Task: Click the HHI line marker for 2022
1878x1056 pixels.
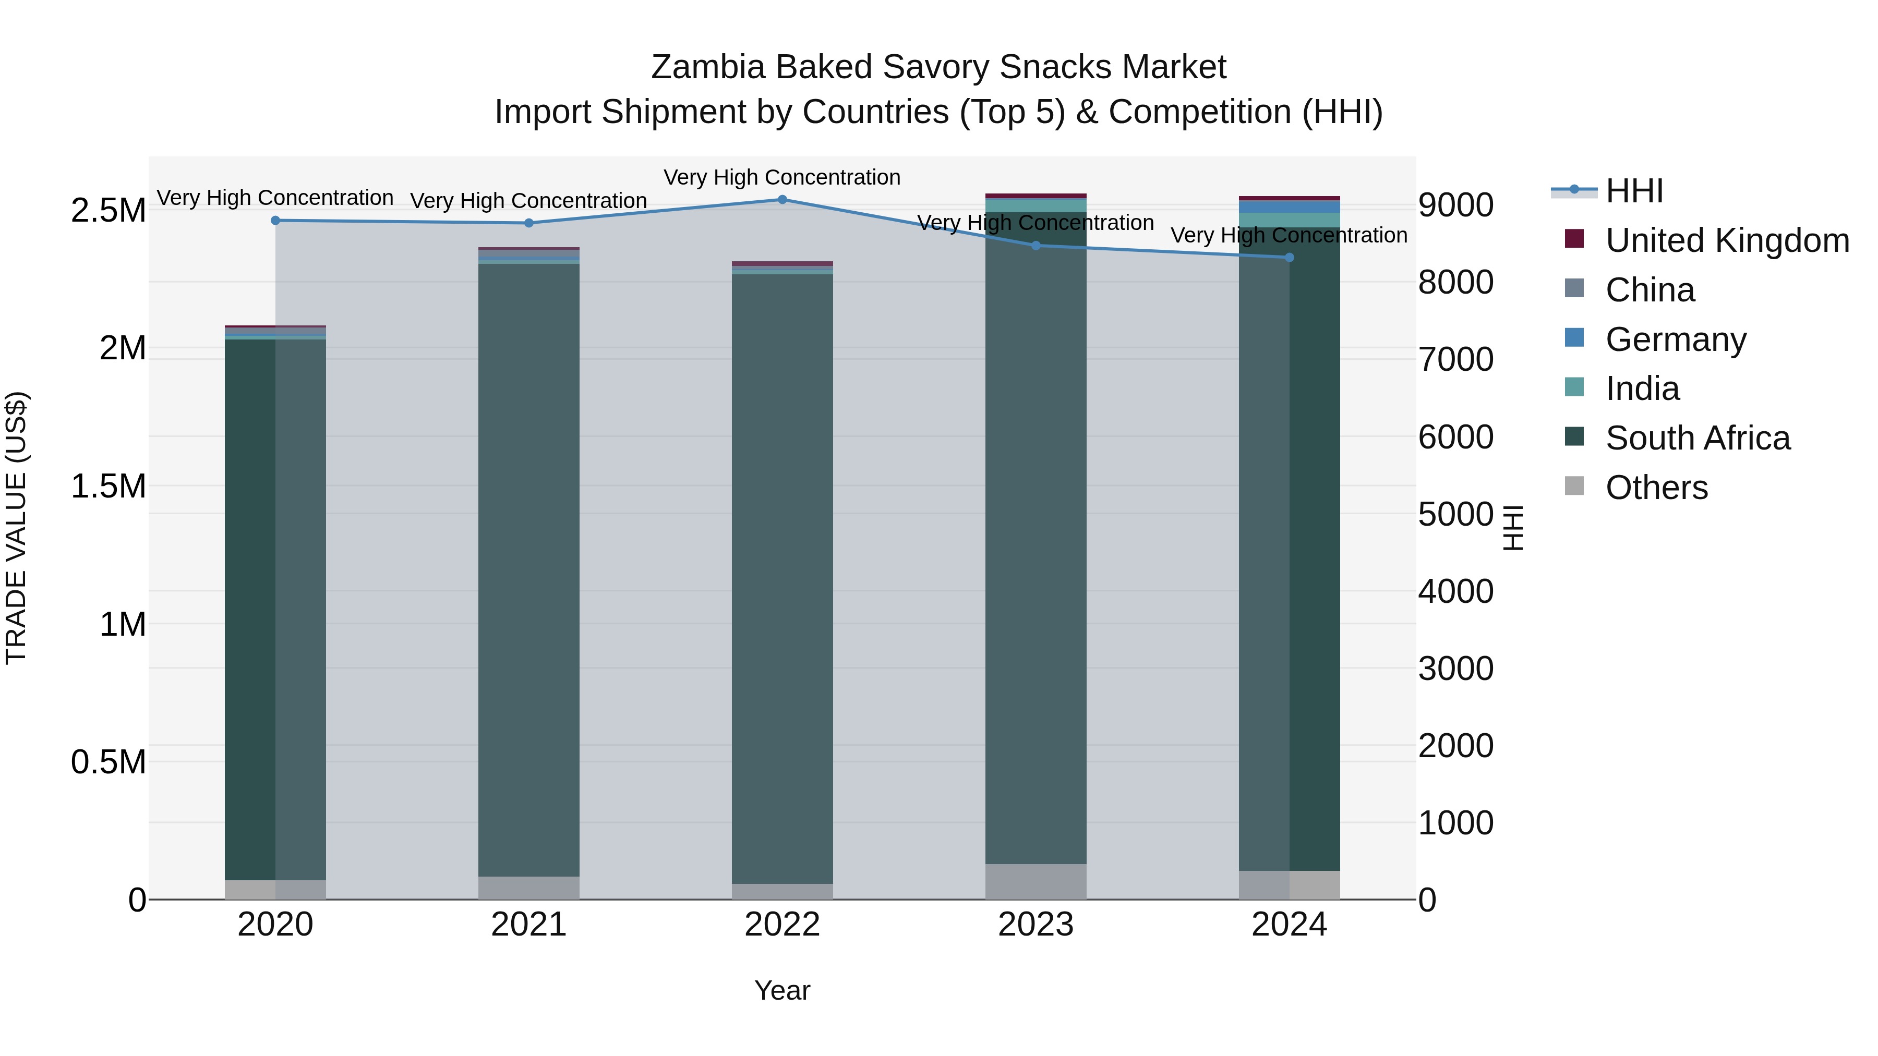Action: pyautogui.click(x=782, y=199)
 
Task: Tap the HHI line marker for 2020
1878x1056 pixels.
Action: pyautogui.click(x=275, y=220)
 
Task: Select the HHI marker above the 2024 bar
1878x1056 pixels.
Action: pyautogui.click(x=1289, y=257)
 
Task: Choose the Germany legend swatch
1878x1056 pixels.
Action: pyautogui.click(x=1575, y=338)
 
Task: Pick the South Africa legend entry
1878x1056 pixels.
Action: pyautogui.click(x=1697, y=438)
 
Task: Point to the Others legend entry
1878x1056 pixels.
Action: pyautogui.click(x=1656, y=488)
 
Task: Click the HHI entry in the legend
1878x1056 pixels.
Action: pyautogui.click(x=1634, y=191)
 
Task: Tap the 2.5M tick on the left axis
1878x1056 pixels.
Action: pyautogui.click(x=109, y=211)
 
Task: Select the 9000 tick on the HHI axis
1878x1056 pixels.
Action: pyautogui.click(x=1455, y=205)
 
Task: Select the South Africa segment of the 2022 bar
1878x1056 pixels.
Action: pyautogui.click(x=782, y=576)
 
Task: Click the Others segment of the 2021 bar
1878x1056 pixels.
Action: pyautogui.click(x=528, y=887)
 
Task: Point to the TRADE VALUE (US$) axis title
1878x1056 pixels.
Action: pyautogui.click(x=17, y=528)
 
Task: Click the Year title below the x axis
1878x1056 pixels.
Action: pyautogui.click(x=782, y=990)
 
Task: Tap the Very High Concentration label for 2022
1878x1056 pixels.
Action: pyautogui.click(x=782, y=177)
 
